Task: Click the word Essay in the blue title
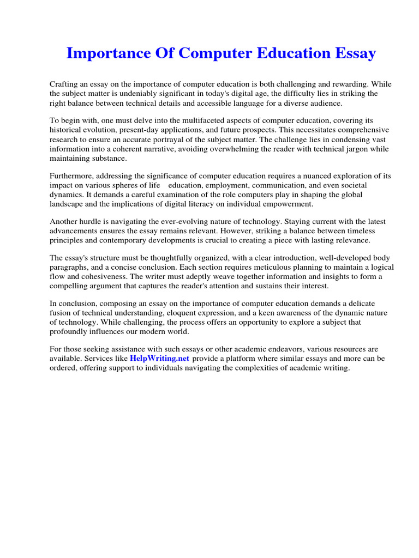pos(353,53)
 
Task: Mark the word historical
pos(69,130)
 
